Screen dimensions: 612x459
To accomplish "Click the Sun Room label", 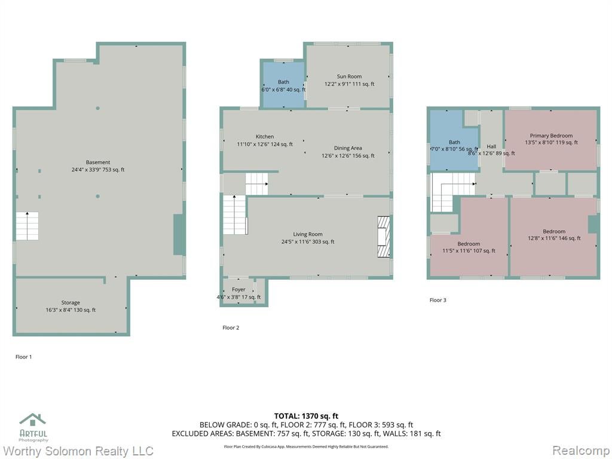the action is point(349,76).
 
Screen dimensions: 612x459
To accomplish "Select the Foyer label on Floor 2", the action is point(238,290).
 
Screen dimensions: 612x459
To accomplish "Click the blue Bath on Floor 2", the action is point(283,85).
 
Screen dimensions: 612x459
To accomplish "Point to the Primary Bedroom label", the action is point(551,136).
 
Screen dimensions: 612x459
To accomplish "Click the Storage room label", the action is point(71,302).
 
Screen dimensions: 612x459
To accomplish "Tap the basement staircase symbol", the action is point(27,226).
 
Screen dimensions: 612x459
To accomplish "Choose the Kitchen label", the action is point(265,137).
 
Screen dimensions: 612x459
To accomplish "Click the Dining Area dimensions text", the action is point(348,156).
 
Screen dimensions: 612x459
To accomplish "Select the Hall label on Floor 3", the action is point(491,146).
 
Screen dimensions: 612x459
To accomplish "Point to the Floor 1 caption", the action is point(23,357).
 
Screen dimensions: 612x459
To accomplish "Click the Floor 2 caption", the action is point(231,328).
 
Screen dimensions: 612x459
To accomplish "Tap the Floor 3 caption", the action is point(437,300).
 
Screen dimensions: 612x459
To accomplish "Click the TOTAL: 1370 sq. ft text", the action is point(306,416).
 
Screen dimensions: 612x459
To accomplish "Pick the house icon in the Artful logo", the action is point(33,420).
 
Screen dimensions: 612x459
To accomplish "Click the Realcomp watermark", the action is point(581,451).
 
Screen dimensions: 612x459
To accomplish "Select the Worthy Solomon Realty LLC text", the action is point(78,451).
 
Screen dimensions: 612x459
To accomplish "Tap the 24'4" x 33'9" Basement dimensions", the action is point(97,170).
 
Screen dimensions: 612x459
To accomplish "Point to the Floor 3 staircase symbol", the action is point(453,193).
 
